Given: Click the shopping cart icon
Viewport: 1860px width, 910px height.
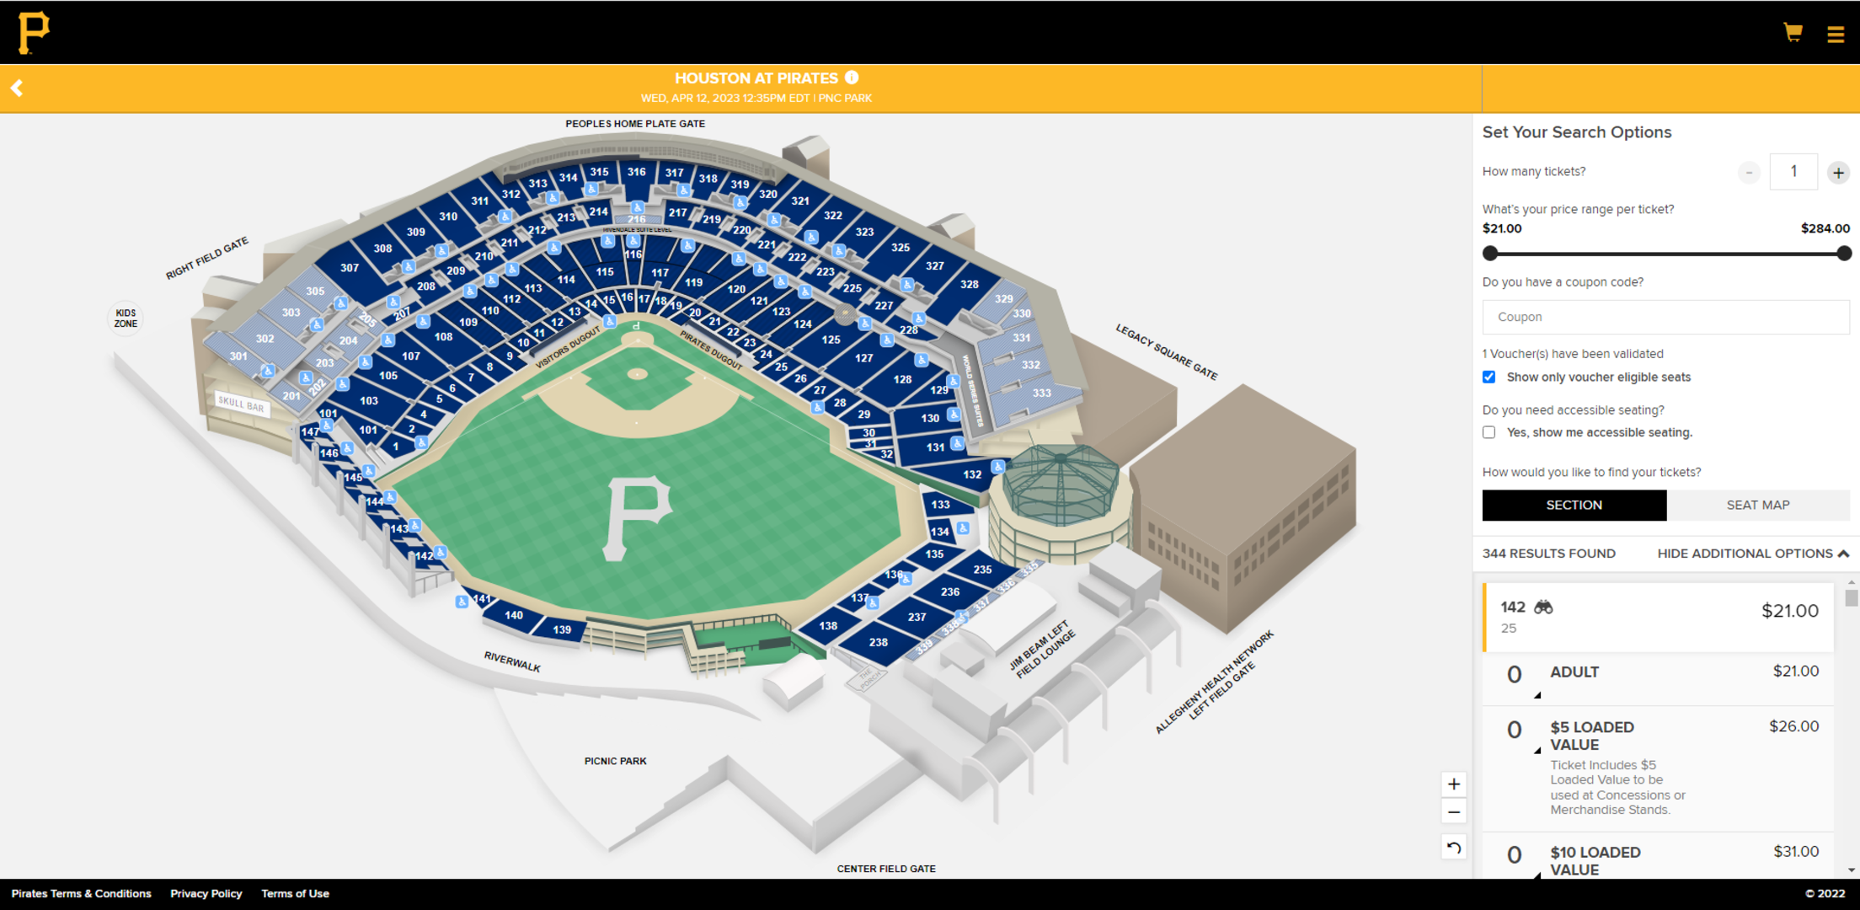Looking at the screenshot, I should pos(1793,33).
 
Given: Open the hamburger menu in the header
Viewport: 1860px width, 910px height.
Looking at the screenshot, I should pos(1836,35).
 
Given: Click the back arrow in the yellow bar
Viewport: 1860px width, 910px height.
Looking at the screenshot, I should pos(17,88).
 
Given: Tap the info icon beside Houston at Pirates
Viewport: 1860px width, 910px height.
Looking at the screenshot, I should pos(852,78).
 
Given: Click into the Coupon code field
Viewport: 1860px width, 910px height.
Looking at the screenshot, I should pos(1665,317).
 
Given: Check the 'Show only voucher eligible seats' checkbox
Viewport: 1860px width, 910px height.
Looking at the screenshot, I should pos(1489,377).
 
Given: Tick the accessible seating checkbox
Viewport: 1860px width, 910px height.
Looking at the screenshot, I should pos(1489,432).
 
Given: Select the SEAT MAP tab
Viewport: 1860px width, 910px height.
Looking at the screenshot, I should pos(1758,505).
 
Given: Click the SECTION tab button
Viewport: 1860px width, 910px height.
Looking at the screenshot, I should pos(1574,505).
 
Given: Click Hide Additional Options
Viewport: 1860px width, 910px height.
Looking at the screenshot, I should pos(1752,554).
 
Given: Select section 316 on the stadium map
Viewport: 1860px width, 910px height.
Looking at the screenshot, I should pos(636,172).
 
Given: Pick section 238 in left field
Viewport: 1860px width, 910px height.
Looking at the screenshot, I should pos(878,642).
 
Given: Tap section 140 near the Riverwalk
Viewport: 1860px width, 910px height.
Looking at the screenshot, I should pos(514,615).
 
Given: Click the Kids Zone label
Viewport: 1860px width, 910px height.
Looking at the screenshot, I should pos(126,318).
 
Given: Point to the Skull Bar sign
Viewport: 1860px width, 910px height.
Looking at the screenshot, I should pos(242,404).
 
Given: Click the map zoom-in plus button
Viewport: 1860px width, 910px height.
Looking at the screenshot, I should pos(1454,784).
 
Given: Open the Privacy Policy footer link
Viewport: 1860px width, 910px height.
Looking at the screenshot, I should pos(206,893).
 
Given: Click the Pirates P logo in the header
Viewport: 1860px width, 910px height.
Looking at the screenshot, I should pos(34,33).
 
